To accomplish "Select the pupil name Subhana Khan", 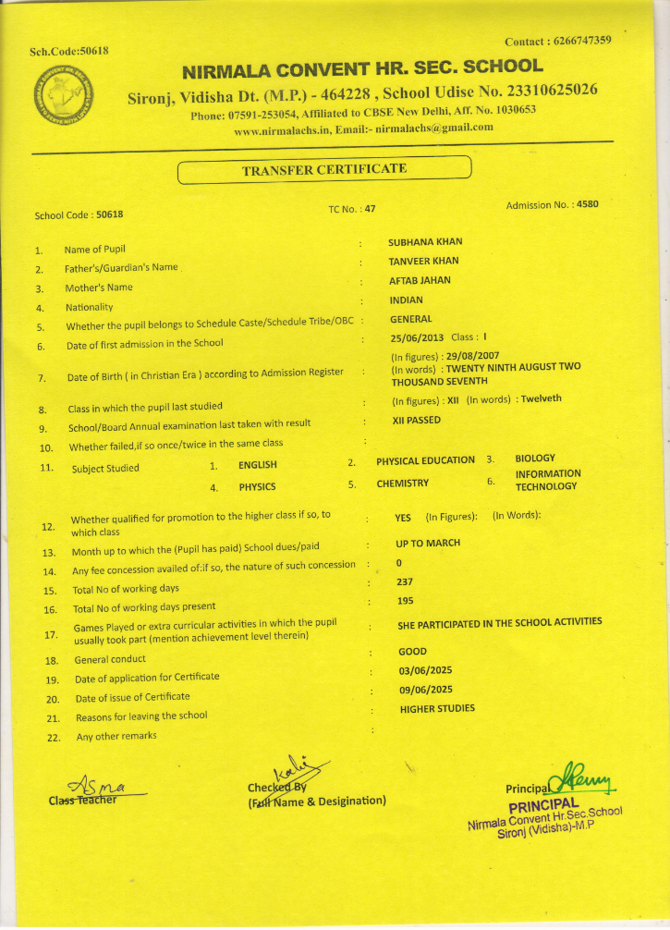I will [x=425, y=242].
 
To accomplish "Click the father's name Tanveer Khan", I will [x=423, y=262].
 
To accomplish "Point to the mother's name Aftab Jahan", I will [x=420, y=280].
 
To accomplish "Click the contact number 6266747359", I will [x=582, y=41].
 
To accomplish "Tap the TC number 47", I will [x=370, y=209].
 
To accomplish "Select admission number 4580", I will [x=587, y=204].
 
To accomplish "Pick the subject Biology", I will [x=534, y=459].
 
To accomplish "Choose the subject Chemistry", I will [x=402, y=483].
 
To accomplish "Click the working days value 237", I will [x=404, y=582].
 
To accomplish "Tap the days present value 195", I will [x=404, y=601].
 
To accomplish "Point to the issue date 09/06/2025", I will [x=425, y=690].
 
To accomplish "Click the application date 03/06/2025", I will [x=425, y=670].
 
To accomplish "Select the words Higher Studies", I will [x=437, y=709].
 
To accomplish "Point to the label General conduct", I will [x=110, y=660].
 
